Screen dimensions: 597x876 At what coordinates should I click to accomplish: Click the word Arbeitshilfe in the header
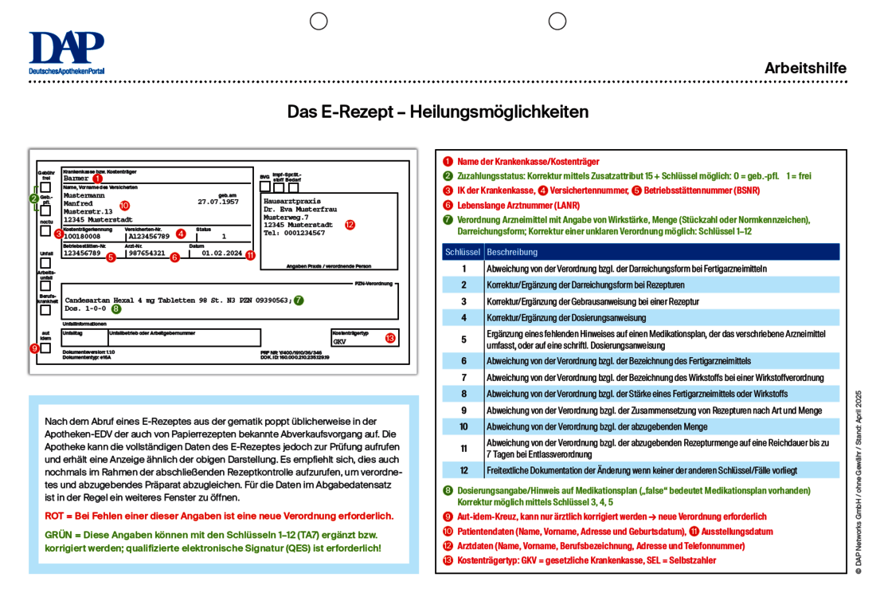tap(805, 69)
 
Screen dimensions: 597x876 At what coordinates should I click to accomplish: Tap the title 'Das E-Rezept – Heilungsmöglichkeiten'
tap(438, 112)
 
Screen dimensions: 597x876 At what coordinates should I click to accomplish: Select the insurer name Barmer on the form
tap(76, 179)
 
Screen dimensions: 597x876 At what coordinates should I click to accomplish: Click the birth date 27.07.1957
tap(218, 202)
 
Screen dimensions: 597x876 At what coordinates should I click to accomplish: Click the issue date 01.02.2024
tap(222, 253)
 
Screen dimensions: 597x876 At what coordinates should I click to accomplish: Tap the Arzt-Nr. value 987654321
tap(147, 253)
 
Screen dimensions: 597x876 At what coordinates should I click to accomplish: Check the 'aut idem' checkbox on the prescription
tap(45, 348)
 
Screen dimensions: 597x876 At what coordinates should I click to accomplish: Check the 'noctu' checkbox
tap(45, 231)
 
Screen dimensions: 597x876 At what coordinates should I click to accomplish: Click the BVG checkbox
tap(264, 187)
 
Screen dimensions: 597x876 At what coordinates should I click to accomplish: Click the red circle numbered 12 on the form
tap(350, 225)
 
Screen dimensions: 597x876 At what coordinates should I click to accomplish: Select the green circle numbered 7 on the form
tap(299, 300)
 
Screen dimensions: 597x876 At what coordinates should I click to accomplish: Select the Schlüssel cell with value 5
tap(463, 339)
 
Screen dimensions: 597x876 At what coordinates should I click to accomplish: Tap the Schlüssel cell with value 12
tap(463, 470)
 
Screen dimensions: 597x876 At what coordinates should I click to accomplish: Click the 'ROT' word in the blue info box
tap(55, 516)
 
